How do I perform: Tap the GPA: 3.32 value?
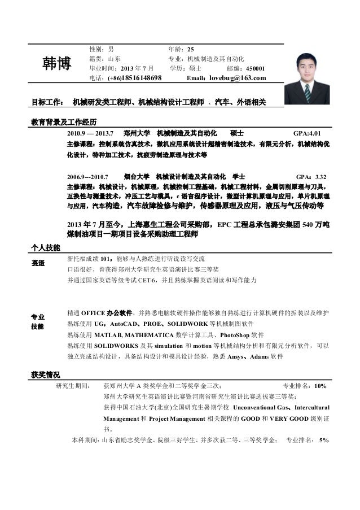point(311,175)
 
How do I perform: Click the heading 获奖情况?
point(47,374)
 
